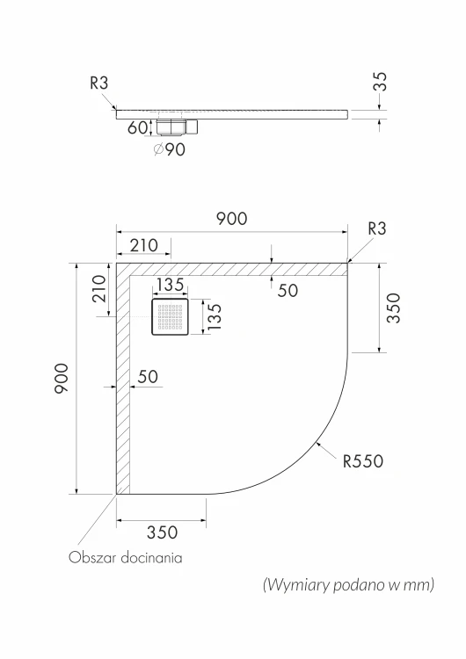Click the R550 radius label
pos(363,461)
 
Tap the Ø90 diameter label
pos(169,149)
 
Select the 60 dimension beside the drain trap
pos(137,127)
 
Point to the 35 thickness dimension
pos(380,82)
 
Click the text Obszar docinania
pos(126,558)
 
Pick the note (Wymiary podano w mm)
pos(349,584)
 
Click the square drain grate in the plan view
pos(171,316)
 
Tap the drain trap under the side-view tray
pos(177,127)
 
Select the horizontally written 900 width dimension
pos(232,219)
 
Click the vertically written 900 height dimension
pos(62,378)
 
